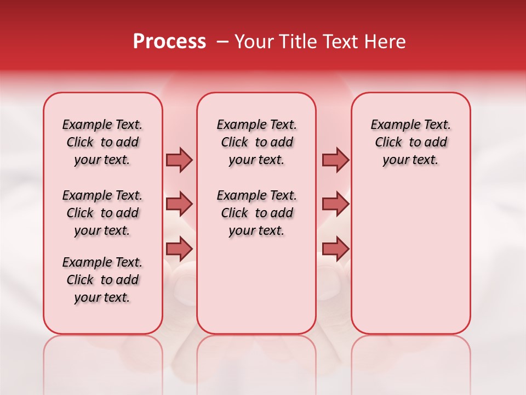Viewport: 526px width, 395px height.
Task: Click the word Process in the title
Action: [x=169, y=42]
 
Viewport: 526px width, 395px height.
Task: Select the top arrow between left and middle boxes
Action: [x=179, y=160]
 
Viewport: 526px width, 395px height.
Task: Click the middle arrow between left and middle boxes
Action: [x=179, y=204]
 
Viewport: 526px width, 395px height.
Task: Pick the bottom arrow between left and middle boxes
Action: [x=179, y=249]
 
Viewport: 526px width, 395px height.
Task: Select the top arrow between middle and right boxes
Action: [x=335, y=160]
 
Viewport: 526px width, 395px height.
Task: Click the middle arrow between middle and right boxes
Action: [x=335, y=204]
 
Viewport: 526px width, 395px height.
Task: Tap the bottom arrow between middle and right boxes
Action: [x=335, y=249]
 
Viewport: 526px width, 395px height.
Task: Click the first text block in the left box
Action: [x=102, y=142]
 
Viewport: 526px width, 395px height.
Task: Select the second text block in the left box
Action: [x=102, y=213]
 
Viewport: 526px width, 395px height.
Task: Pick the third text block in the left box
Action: [x=102, y=280]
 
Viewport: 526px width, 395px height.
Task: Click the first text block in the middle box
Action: [x=256, y=142]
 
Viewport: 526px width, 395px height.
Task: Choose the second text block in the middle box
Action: [x=256, y=213]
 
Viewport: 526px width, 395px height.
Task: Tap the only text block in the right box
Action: [x=410, y=142]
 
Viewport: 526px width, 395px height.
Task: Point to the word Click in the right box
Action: [x=388, y=143]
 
